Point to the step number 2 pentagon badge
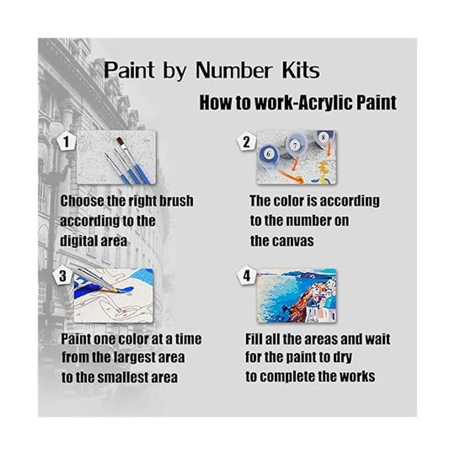pyautogui.click(x=246, y=142)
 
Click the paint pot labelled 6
pyautogui.click(x=269, y=155)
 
